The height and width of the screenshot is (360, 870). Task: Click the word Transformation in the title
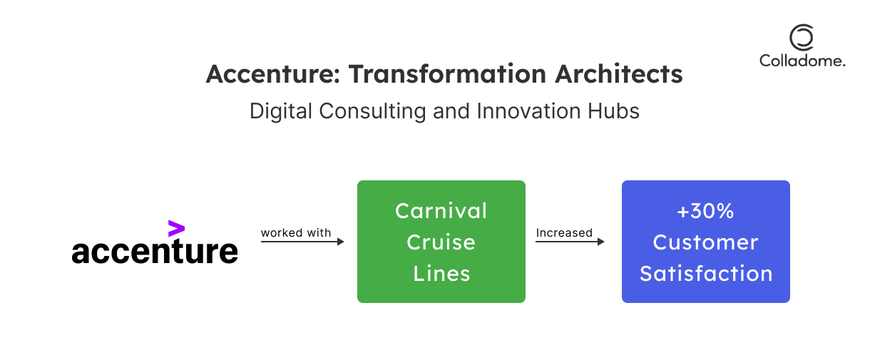coord(447,74)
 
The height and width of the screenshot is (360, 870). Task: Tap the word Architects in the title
coord(619,74)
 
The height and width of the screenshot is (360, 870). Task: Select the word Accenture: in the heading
coord(272,74)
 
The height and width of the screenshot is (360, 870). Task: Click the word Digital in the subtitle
coord(281,111)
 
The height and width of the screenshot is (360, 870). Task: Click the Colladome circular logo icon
coord(802,37)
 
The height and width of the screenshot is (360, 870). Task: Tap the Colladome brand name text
coord(802,61)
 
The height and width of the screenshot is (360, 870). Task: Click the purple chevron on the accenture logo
coord(176,228)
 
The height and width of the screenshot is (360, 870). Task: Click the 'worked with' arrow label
coord(295,232)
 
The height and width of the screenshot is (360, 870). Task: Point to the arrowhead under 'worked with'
coord(341,242)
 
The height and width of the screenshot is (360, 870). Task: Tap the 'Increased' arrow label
coord(564,232)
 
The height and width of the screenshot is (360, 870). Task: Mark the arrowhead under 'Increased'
coord(601,242)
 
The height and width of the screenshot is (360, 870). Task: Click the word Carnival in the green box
coord(441,211)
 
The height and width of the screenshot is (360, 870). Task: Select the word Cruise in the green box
coord(441,242)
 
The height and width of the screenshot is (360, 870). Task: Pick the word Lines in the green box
coord(441,274)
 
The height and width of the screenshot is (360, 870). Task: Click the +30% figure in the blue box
coord(705,211)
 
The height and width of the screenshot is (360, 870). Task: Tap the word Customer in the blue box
coord(705,242)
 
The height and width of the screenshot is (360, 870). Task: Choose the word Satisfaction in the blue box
coord(706,274)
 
